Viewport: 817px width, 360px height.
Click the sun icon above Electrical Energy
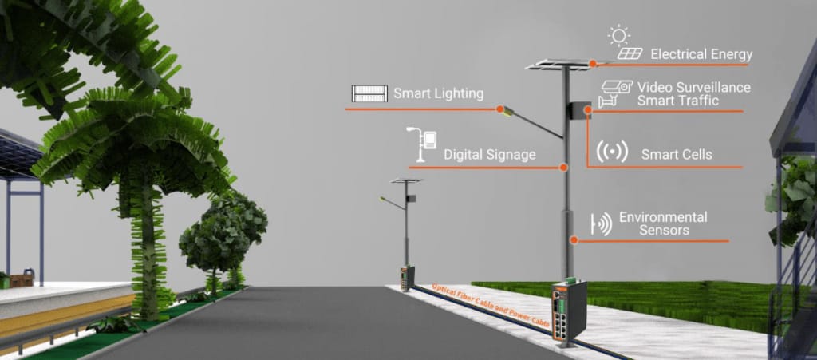pos(618,35)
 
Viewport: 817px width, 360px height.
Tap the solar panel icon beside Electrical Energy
pos(630,53)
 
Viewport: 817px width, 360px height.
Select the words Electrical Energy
pos(701,55)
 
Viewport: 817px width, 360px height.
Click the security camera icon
pos(615,93)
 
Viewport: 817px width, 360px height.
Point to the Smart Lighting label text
pos(438,93)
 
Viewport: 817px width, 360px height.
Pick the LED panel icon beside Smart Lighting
pos(369,93)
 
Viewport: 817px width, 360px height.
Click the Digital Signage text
pos(489,155)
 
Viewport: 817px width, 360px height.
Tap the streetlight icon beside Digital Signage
pos(421,144)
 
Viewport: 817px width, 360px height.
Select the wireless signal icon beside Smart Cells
pos(612,152)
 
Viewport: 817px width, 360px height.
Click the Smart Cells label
pos(677,155)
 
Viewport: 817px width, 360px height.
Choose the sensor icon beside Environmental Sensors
pos(601,224)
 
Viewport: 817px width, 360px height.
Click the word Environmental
pos(663,217)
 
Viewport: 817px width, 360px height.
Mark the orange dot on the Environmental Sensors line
pos(574,240)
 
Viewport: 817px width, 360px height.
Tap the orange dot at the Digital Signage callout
pos(563,168)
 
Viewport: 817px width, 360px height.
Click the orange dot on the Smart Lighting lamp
pos(500,109)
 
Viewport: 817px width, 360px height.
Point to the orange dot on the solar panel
pos(593,64)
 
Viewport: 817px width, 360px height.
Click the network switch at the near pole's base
pos(570,311)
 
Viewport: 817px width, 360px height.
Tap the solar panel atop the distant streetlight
pos(406,180)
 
